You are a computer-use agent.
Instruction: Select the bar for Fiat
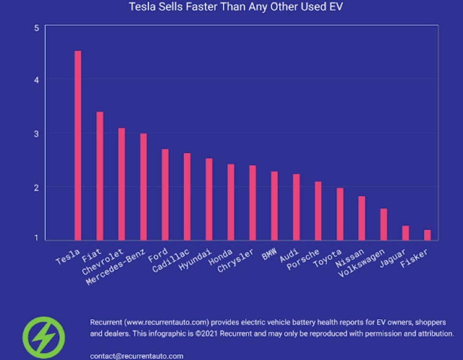(100, 176)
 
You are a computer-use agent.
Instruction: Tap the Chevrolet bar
(121, 184)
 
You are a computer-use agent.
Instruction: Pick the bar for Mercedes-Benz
(143, 187)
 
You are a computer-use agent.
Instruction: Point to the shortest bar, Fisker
(427, 235)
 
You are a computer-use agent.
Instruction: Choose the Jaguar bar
(405, 233)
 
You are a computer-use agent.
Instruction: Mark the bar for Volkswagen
(383, 224)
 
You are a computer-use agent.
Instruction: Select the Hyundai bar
(209, 199)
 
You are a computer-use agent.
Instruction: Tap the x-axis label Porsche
(303, 259)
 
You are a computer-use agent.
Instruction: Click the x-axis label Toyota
(327, 258)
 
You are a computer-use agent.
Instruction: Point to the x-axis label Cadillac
(171, 261)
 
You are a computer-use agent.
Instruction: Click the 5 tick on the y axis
(36, 28)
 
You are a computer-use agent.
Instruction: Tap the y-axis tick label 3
(36, 133)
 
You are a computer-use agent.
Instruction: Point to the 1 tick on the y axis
(36, 238)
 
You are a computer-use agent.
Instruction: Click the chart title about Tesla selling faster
(236, 7)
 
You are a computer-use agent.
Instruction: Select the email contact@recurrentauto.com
(137, 356)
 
